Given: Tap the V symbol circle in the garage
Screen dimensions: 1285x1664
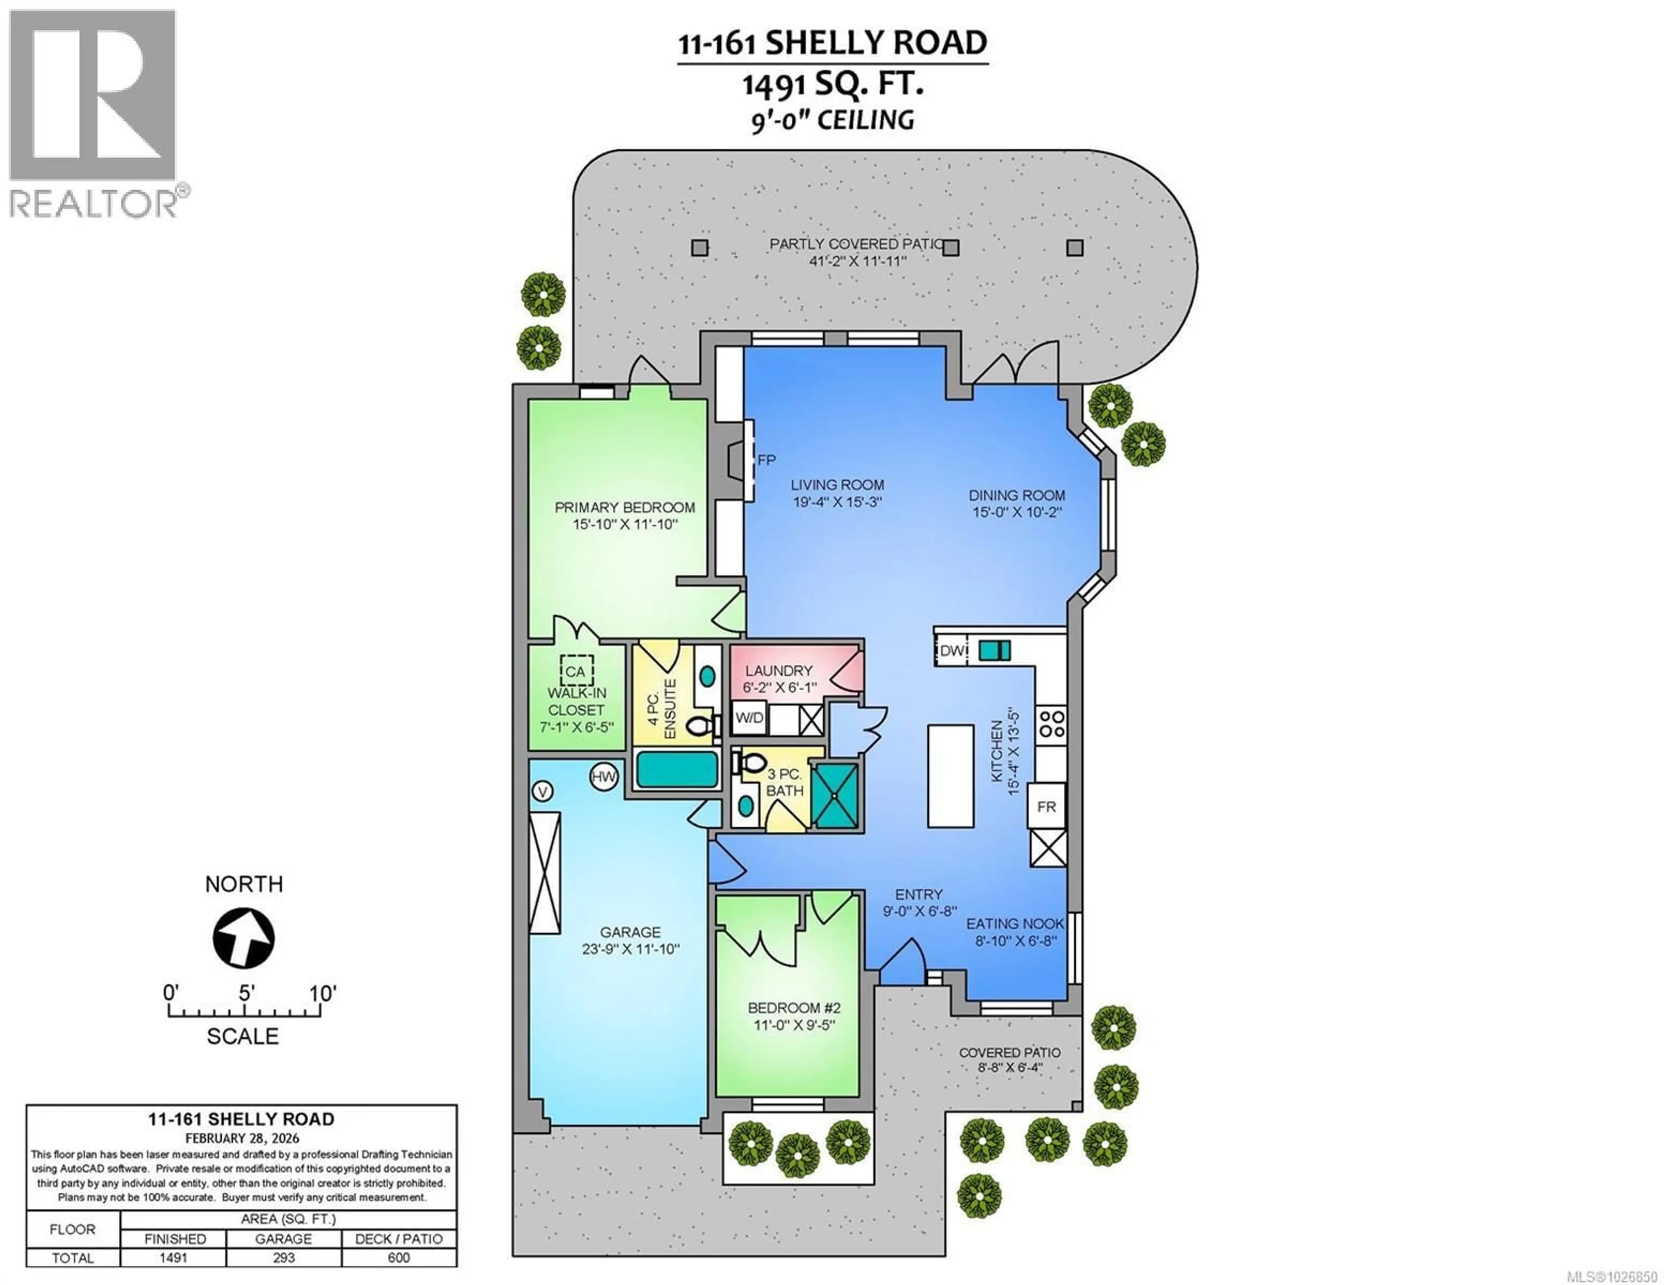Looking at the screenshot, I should (x=543, y=792).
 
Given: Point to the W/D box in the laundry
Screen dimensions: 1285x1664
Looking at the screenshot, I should (x=749, y=718).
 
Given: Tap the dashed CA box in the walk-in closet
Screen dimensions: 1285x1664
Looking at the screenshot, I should (x=576, y=671).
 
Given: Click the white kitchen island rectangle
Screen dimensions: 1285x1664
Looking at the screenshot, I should (x=950, y=775).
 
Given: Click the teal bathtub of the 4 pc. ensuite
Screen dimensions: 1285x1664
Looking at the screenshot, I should (x=676, y=769).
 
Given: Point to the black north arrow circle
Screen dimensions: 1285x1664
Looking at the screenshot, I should (x=244, y=938).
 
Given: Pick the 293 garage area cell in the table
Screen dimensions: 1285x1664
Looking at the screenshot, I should (x=283, y=1258).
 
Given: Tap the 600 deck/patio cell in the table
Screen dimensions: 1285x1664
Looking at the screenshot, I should (x=399, y=1258).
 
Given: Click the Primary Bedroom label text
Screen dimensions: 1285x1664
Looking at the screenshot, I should (x=625, y=507).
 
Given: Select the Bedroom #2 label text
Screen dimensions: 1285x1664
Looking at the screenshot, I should (x=794, y=1008).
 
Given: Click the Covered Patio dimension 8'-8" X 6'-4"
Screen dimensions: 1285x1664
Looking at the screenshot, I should (x=1010, y=1068).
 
